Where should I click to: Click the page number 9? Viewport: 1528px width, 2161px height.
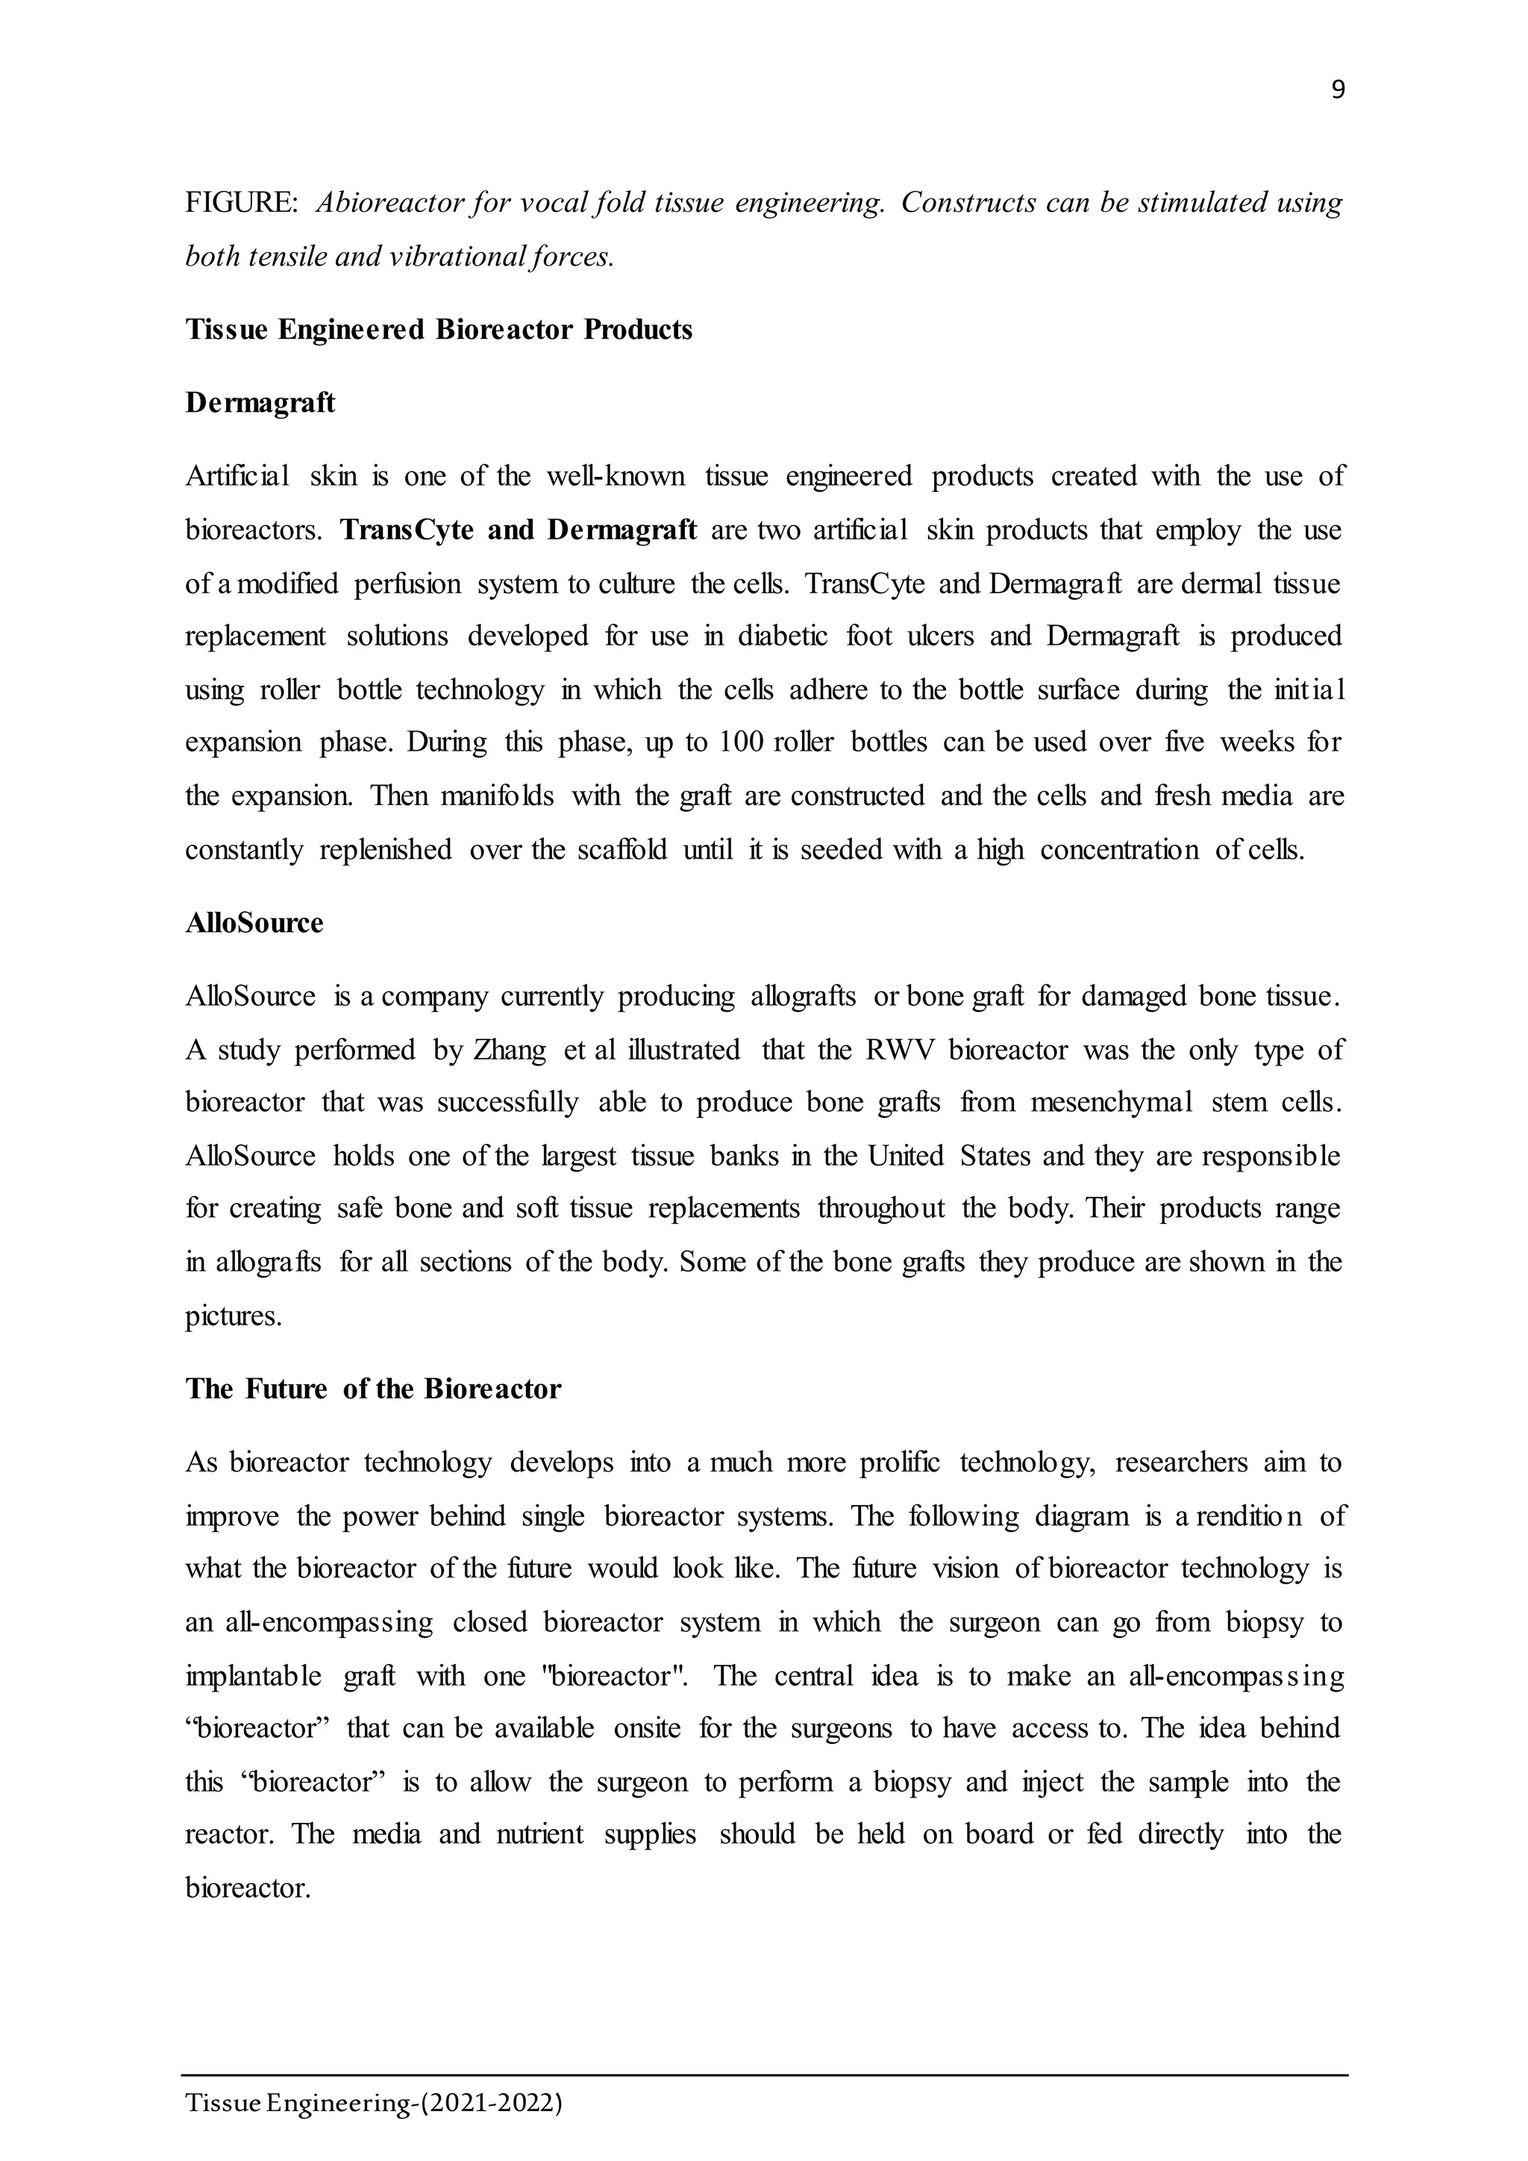1337,90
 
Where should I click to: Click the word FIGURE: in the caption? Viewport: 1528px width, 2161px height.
242,203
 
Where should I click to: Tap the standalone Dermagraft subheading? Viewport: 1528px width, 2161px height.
260,403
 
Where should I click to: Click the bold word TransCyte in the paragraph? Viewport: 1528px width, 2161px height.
406,530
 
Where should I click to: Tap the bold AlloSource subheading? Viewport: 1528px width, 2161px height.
254,922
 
